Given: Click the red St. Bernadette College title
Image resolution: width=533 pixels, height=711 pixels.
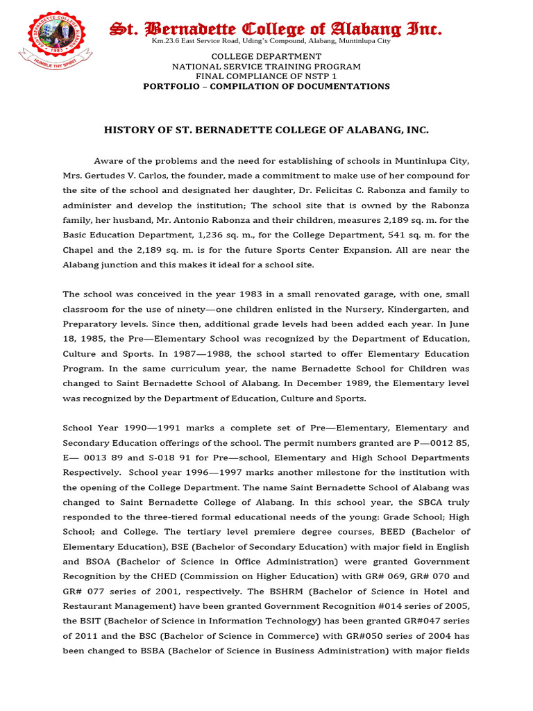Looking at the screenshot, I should point(276,28).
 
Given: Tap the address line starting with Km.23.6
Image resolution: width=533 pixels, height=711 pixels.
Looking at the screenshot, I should point(271,41).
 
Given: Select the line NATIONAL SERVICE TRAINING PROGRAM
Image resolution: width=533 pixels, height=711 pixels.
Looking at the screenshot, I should point(266,66).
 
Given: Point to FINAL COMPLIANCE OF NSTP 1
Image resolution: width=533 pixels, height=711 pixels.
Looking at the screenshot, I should point(266,76).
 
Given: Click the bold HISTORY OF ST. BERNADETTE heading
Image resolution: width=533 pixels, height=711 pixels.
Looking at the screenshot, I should point(266,130).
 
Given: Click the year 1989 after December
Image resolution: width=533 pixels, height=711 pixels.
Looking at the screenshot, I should point(387,384).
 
